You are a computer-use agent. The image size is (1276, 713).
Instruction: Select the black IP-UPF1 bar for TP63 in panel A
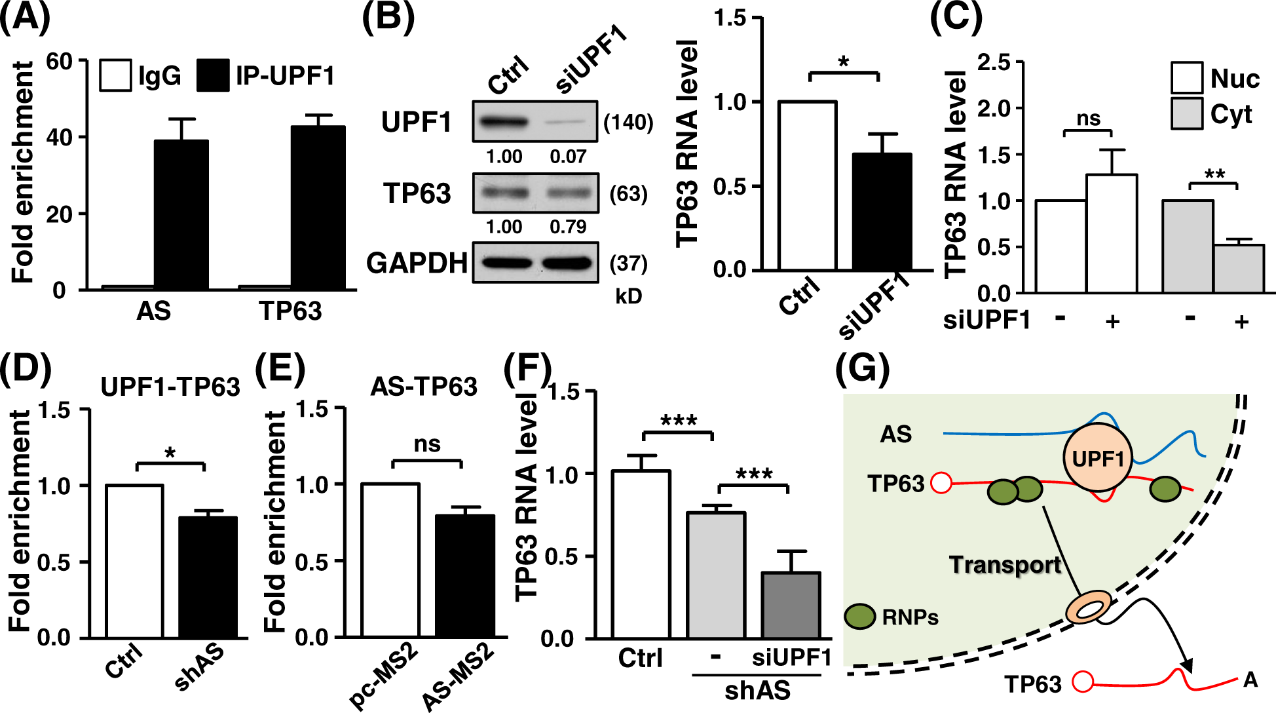pos(318,208)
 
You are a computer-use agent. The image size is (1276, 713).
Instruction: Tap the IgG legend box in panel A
pos(115,75)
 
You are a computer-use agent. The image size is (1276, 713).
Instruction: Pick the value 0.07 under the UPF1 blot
pos(567,157)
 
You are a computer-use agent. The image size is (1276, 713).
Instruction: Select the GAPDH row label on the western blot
pos(417,263)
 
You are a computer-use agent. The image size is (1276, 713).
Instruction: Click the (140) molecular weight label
pos(628,123)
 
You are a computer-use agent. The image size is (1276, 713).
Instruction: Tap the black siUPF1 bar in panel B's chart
pos(882,212)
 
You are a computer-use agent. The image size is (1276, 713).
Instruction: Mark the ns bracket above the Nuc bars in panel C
pos(1088,131)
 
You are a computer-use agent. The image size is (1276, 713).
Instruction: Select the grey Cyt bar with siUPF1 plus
pos(1238,269)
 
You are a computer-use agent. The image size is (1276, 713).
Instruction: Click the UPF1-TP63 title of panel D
pos(170,387)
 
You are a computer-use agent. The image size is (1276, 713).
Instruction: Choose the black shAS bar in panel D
pos(208,577)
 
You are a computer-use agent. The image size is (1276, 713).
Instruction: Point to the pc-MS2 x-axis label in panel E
pos(383,675)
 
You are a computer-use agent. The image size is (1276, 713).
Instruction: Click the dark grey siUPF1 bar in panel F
pos(791,605)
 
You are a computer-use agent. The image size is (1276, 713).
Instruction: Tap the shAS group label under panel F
pos(757,691)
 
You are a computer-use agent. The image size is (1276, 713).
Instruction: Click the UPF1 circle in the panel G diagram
pos(1098,457)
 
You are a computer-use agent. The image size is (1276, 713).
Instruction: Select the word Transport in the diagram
pos(1005,564)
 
